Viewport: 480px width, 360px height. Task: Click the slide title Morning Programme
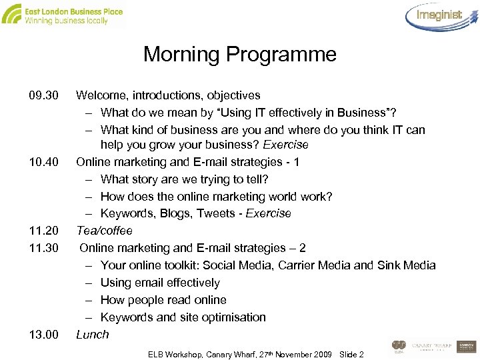(240, 54)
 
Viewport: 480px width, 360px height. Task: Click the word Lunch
(92, 335)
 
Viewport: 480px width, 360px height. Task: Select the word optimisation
(233, 317)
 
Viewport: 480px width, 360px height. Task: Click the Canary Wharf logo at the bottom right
(429, 346)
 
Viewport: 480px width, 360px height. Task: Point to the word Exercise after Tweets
(269, 213)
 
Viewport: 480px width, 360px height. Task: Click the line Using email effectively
(160, 283)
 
